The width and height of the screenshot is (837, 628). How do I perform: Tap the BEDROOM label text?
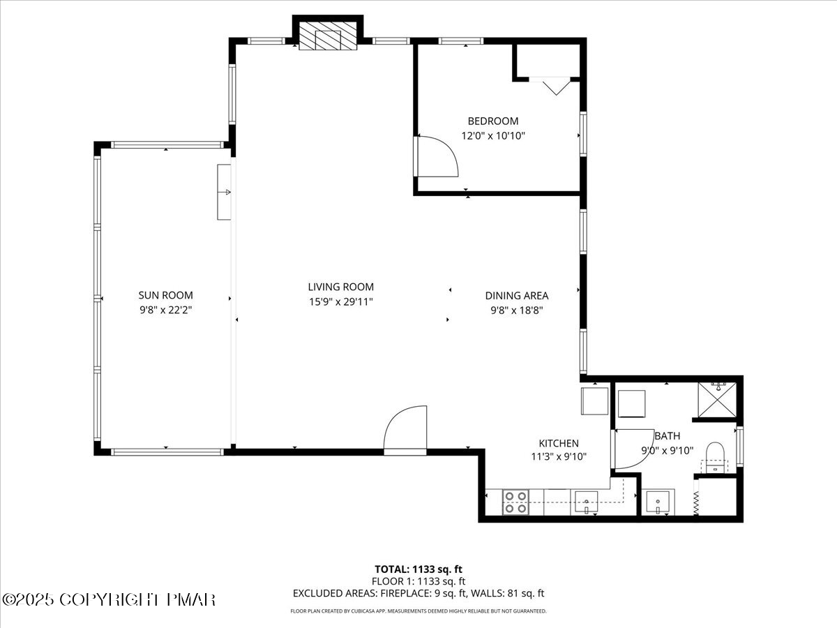(x=492, y=121)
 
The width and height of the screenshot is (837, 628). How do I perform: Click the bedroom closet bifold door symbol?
(x=555, y=85)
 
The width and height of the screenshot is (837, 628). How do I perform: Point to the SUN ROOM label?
(x=165, y=295)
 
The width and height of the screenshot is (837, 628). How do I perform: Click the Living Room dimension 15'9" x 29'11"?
(x=340, y=301)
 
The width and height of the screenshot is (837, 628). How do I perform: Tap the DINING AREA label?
(x=516, y=295)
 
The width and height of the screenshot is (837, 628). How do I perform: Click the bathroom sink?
(x=657, y=502)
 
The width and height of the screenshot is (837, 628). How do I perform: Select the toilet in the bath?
(x=715, y=456)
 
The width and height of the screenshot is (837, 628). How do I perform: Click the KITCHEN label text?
(x=558, y=443)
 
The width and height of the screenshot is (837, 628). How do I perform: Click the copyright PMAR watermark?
(x=109, y=599)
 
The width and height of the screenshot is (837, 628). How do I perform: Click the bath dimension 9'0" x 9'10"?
(x=667, y=450)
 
